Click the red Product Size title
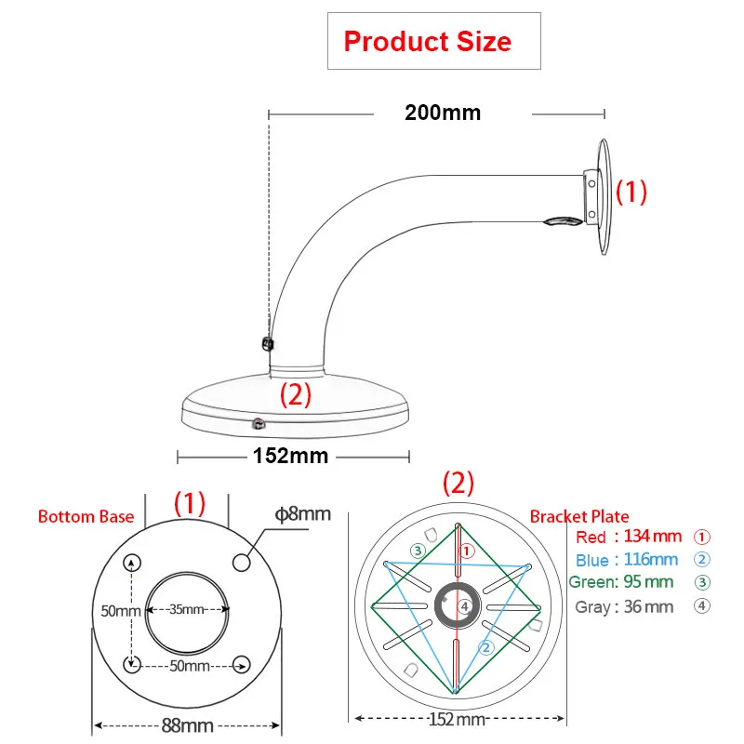[428, 41]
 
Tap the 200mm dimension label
[443, 113]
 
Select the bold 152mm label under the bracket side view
[290, 456]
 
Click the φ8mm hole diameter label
[303, 514]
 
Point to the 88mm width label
[188, 725]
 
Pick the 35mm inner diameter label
[187, 609]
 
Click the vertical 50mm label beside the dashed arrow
[121, 611]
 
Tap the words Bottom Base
[86, 516]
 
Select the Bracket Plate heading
[579, 516]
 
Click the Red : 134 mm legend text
[629, 537]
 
